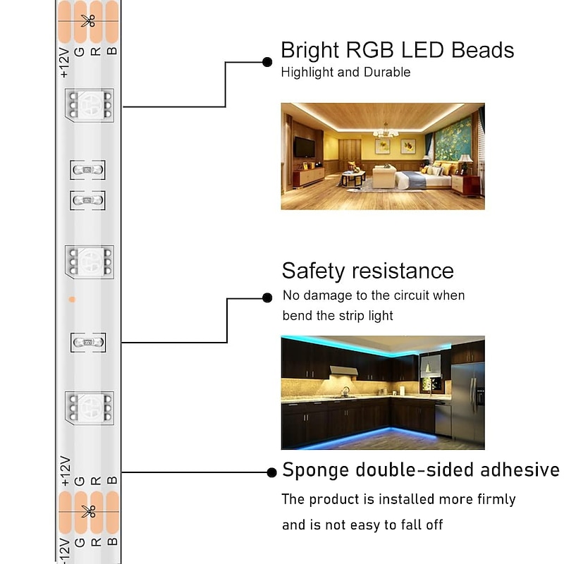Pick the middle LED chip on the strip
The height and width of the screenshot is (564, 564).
click(88, 263)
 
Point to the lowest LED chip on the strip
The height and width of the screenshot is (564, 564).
click(88, 408)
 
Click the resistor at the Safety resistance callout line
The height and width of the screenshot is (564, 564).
click(88, 343)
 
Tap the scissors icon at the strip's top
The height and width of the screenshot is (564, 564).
click(87, 20)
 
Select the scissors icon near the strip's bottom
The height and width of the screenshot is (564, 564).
click(87, 511)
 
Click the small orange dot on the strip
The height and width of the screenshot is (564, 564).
click(71, 300)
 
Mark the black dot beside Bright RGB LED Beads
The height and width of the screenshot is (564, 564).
click(267, 62)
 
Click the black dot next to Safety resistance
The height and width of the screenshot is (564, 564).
click(267, 298)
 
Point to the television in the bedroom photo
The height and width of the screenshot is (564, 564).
click(304, 147)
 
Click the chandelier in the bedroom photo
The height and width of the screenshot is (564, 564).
click(385, 131)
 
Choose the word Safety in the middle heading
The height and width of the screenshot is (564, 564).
click(312, 271)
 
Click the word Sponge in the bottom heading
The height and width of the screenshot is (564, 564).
click(316, 471)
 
